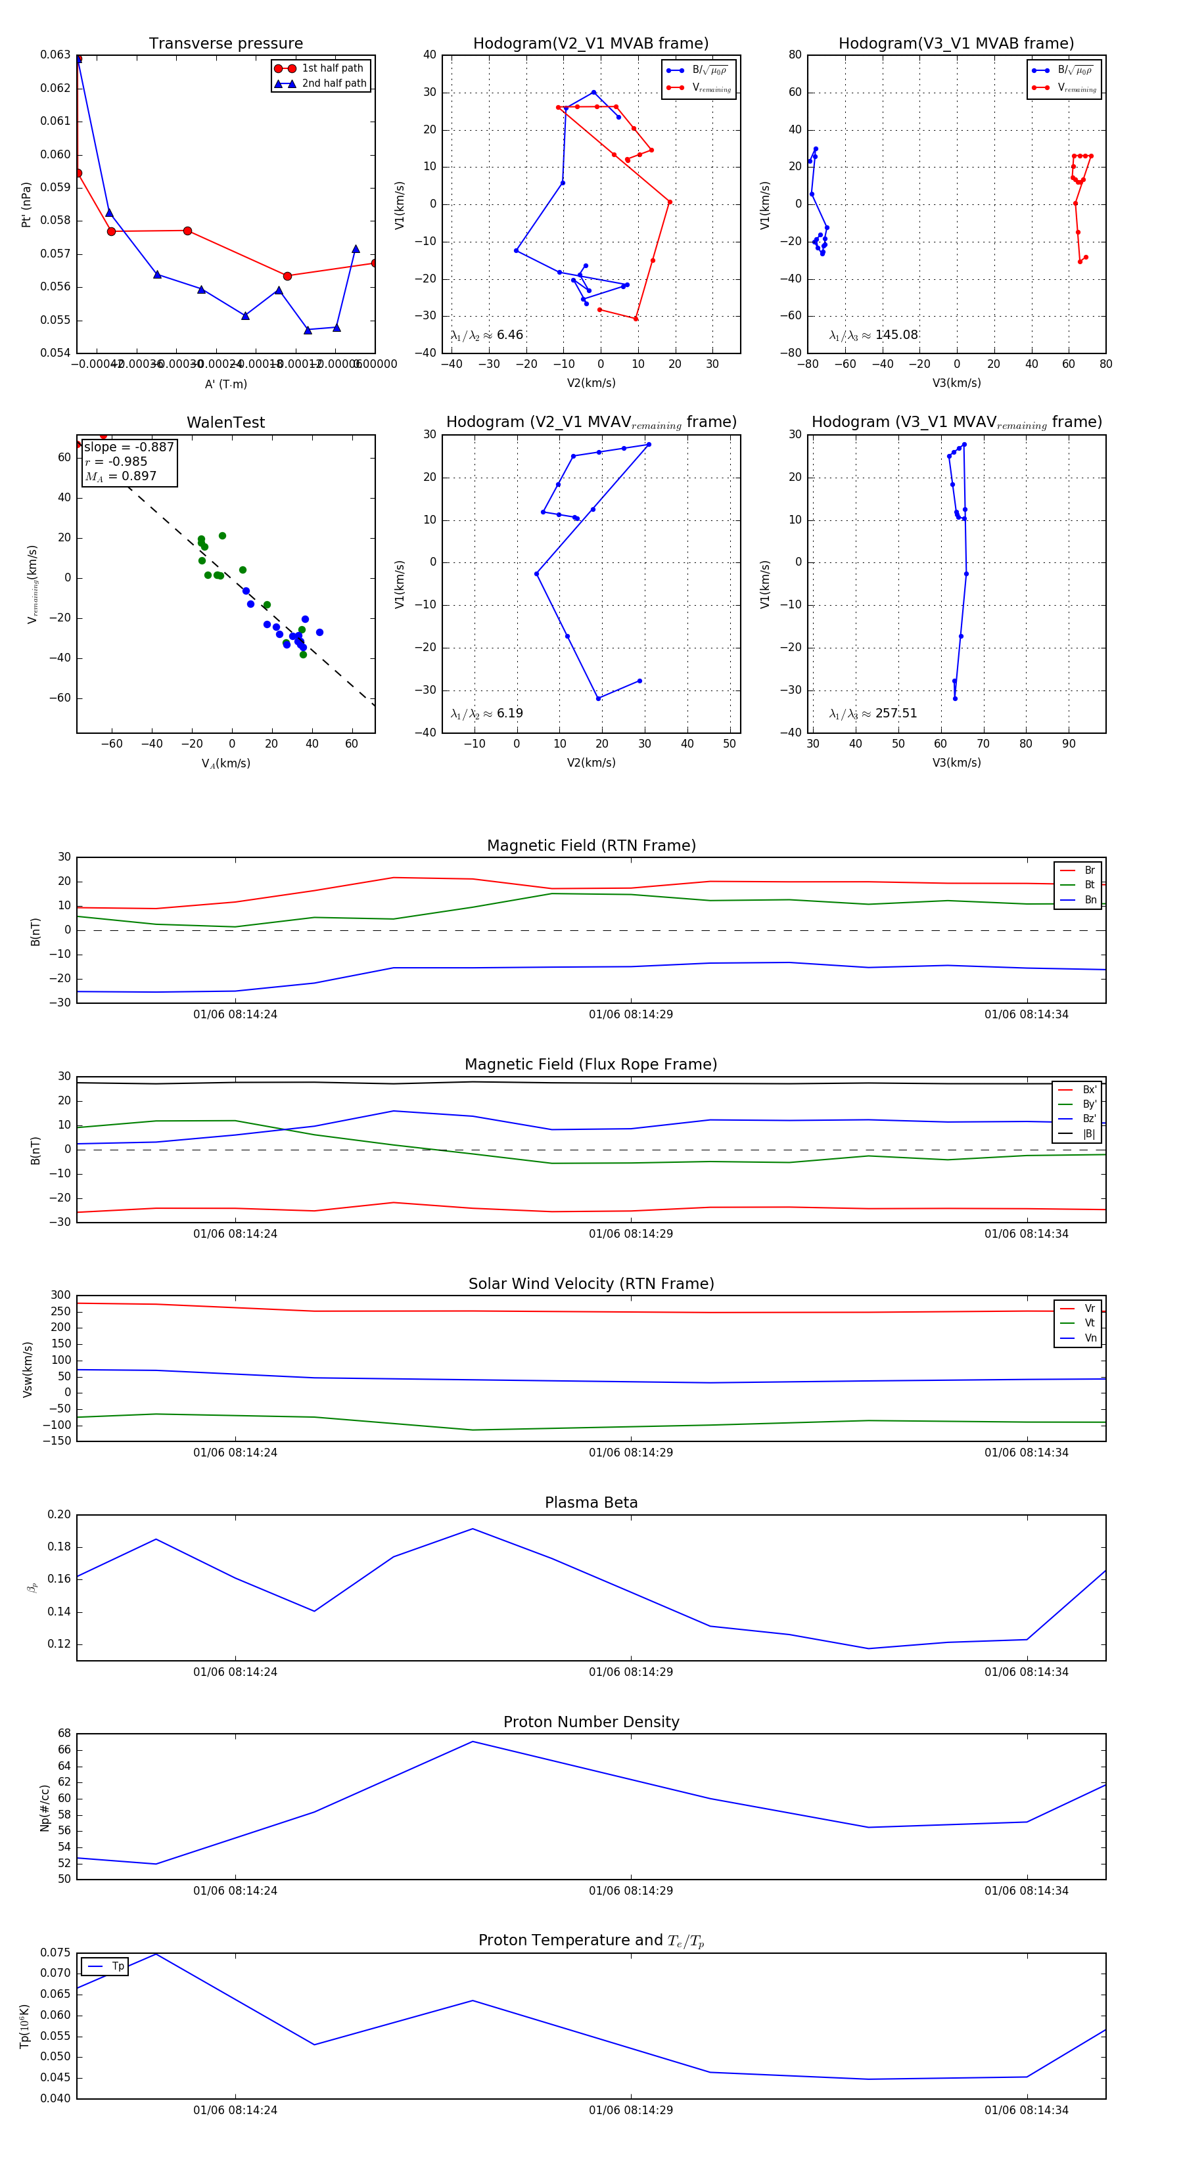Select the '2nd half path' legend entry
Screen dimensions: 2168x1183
coord(333,83)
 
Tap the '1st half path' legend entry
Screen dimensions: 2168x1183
coord(332,68)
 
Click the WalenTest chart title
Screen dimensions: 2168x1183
coord(225,422)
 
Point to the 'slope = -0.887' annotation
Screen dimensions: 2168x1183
coord(129,447)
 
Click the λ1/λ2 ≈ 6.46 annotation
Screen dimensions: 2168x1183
coord(486,335)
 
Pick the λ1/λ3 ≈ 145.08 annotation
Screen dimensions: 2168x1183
coord(873,335)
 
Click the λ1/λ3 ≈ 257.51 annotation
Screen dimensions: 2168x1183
coord(873,713)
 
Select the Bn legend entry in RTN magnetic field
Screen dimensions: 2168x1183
coord(1090,899)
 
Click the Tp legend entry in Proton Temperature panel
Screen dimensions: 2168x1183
coord(117,1966)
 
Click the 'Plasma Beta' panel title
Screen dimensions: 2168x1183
coord(591,1502)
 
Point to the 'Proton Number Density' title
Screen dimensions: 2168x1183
coord(591,1722)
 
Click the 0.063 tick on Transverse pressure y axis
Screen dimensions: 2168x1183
coord(56,55)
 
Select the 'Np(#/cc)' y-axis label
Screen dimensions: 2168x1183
coord(45,1808)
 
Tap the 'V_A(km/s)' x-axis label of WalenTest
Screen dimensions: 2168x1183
coord(225,763)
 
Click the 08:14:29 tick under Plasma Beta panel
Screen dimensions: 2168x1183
coord(631,1671)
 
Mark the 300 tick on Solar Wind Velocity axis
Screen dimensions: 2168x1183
coord(60,1296)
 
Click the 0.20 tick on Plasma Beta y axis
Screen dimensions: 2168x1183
coord(59,1515)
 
